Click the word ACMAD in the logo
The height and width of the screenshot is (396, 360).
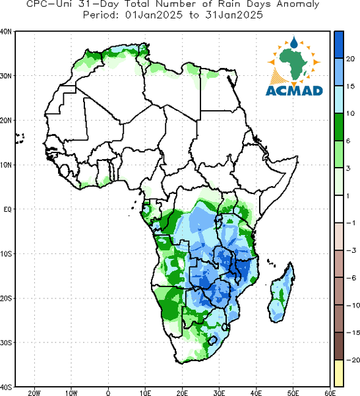[294, 90]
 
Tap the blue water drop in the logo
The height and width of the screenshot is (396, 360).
[294, 43]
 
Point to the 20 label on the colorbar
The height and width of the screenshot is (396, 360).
[350, 59]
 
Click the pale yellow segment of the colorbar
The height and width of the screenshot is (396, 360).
[339, 373]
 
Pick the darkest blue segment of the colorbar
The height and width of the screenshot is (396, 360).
[339, 45]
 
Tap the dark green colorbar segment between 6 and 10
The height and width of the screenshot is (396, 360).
[339, 127]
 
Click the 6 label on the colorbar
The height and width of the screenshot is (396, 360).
[348, 141]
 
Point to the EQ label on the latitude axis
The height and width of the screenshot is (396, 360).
[7, 209]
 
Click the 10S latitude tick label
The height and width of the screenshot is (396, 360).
[6, 254]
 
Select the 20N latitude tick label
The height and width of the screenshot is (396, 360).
[6, 121]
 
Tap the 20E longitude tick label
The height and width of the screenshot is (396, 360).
[182, 393]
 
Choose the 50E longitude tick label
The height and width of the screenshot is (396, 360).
[293, 393]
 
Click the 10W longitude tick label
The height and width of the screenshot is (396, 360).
[71, 393]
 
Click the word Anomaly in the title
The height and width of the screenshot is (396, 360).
[298, 5]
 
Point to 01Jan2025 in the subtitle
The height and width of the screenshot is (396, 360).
[154, 15]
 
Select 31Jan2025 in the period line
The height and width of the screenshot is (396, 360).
[234, 15]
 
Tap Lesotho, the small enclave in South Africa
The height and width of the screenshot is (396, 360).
[213, 341]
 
